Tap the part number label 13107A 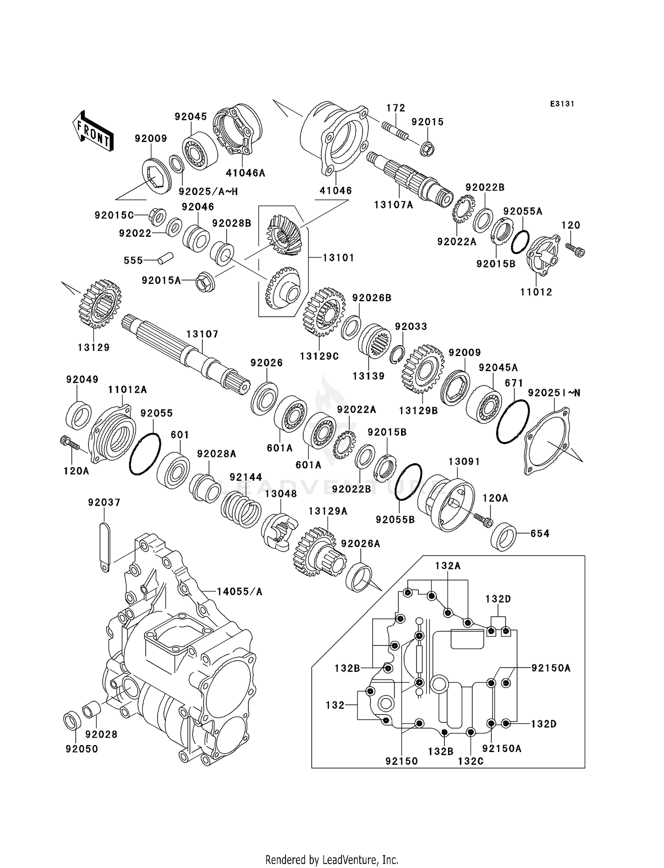[x=393, y=205]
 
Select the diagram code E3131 [x=562, y=104]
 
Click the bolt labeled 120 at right [x=575, y=250]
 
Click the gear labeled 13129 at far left [x=100, y=303]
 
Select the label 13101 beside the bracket [x=338, y=257]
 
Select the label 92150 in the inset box [x=401, y=761]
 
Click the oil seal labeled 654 [x=504, y=537]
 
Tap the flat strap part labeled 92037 [x=104, y=547]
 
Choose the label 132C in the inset [x=470, y=761]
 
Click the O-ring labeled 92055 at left [x=145, y=453]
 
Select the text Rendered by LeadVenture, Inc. [x=332, y=860]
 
